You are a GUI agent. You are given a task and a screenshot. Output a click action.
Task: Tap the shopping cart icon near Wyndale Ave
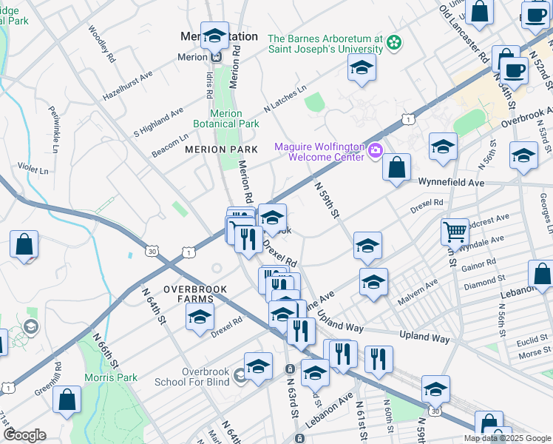(x=455, y=231)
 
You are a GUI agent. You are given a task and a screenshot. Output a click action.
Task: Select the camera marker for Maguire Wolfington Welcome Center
(x=376, y=152)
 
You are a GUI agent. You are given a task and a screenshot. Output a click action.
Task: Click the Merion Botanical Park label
(x=225, y=118)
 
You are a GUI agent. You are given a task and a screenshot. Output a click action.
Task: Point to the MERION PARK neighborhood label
(x=215, y=149)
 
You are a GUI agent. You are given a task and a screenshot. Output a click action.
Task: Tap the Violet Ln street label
(x=33, y=169)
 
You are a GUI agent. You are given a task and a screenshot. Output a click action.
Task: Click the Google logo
(x=24, y=435)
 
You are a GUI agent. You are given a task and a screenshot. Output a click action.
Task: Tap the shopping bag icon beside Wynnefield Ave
(x=397, y=167)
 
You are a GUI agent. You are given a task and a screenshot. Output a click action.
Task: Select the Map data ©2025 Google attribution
(x=507, y=438)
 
